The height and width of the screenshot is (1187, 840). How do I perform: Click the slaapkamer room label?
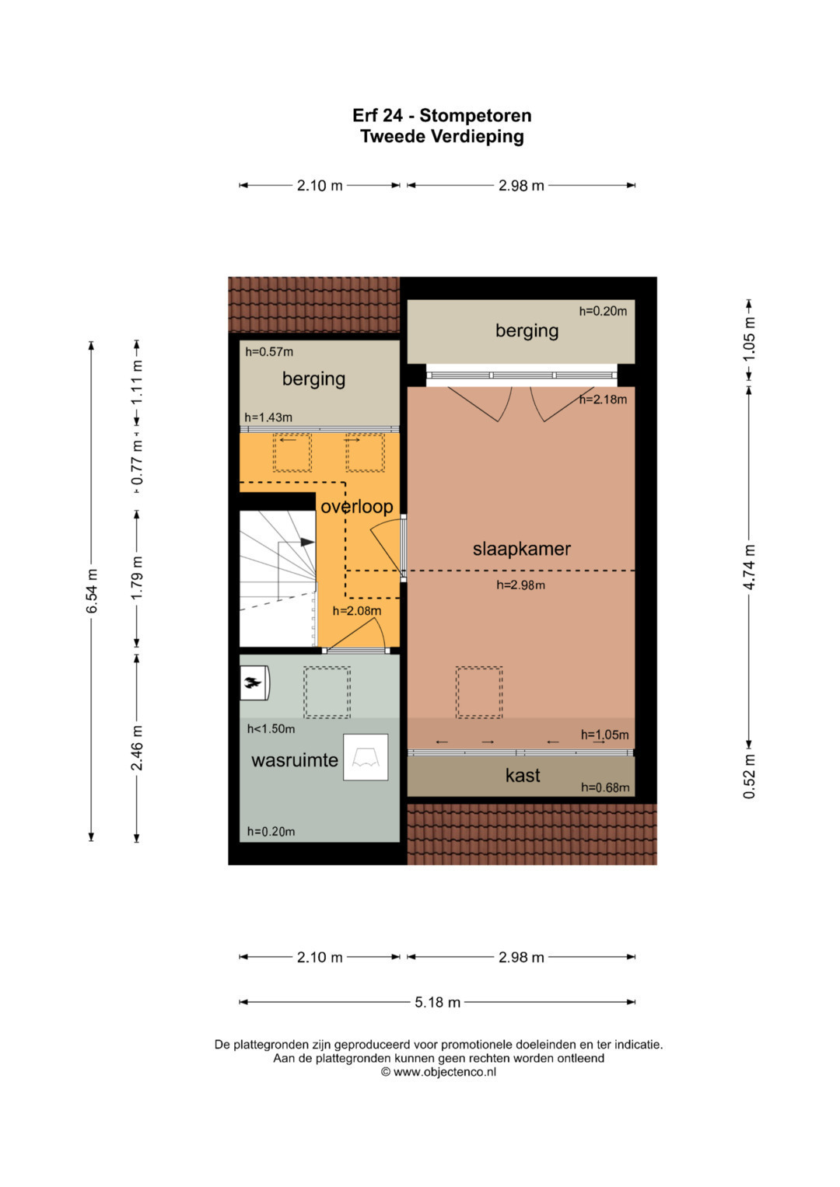point(521,549)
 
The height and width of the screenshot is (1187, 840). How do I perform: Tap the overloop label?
point(357,507)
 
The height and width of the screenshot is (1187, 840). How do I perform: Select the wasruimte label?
point(294,760)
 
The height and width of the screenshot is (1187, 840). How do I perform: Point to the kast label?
point(523,776)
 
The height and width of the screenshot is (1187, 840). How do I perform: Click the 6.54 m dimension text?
point(92,591)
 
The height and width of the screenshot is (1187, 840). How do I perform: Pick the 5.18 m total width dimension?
point(437,1003)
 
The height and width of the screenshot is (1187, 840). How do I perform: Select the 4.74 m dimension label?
point(749,567)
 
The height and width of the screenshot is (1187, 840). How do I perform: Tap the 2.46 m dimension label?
point(137,748)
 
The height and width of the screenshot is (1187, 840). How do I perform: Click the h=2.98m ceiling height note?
point(520,585)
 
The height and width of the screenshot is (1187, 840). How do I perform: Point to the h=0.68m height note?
point(605,787)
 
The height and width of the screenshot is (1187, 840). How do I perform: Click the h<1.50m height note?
point(271,728)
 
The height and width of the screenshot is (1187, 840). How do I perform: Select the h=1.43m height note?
point(268,417)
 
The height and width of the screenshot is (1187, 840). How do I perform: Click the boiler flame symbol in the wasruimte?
point(254,683)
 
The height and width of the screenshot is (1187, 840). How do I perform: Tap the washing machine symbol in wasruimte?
point(366,757)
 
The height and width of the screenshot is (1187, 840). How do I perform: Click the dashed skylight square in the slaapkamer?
point(479,693)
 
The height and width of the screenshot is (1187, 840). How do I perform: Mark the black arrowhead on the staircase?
point(307,542)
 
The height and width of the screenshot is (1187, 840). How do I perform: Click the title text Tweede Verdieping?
point(443,136)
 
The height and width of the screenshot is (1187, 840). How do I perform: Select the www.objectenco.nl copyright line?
point(439,1071)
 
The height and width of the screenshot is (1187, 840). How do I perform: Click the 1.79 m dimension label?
point(137,578)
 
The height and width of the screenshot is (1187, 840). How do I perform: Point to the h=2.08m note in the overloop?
point(357,611)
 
